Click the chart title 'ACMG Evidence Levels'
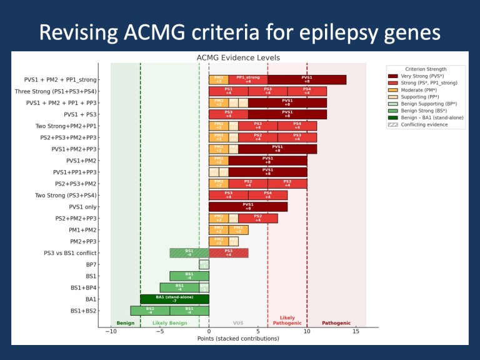click(238, 57)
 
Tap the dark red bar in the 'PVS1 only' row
click(248, 206)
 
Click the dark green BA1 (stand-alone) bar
click(174, 299)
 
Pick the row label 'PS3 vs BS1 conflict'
click(70, 252)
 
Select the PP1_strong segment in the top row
click(248, 79)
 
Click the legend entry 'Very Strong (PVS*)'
click(426, 76)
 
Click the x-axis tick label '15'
click(356, 331)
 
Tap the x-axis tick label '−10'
click(110, 331)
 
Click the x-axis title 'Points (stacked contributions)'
click(238, 339)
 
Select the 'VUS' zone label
click(238, 323)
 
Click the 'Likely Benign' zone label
click(169, 323)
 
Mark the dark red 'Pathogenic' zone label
click(336, 323)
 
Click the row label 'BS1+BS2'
click(84, 310)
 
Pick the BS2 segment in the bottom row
click(150, 310)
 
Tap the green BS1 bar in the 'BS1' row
click(189, 276)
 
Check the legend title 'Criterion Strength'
click(426, 69)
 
